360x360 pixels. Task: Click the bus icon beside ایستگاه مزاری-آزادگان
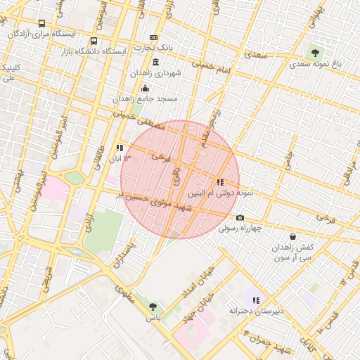43,23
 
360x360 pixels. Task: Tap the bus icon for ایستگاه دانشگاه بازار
94,41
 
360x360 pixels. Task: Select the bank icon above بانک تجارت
154,38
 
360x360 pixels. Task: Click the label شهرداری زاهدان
155,72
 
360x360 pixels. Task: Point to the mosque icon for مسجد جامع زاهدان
146,88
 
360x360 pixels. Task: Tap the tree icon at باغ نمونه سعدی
314,52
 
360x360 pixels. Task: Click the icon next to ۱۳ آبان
120,148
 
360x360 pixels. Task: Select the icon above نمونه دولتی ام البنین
221,182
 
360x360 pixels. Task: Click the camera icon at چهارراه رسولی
240,218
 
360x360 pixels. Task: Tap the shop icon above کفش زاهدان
292,236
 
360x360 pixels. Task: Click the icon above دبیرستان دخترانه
256,300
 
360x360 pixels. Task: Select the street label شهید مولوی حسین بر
155,203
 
